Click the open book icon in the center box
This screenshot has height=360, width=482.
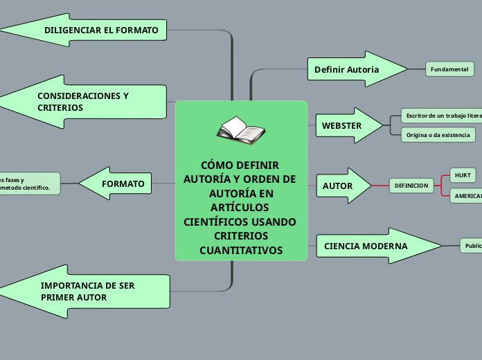(x=240, y=130)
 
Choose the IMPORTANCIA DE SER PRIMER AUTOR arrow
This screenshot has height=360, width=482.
(x=90, y=291)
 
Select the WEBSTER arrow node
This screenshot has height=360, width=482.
(x=346, y=126)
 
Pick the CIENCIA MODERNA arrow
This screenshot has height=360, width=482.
(x=374, y=246)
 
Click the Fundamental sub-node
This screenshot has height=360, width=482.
(x=449, y=69)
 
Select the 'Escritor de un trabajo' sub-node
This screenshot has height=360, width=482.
(x=442, y=115)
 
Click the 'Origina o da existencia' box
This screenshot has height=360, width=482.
(x=438, y=134)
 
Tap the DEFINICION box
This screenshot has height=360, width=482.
(x=412, y=186)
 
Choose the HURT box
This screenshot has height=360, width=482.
(x=463, y=175)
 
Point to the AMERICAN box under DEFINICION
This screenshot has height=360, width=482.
(x=466, y=196)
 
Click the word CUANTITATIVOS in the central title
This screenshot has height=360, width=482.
(x=241, y=250)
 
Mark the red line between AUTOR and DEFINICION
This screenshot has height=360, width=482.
(x=380, y=186)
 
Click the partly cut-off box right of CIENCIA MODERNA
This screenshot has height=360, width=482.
(x=472, y=246)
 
